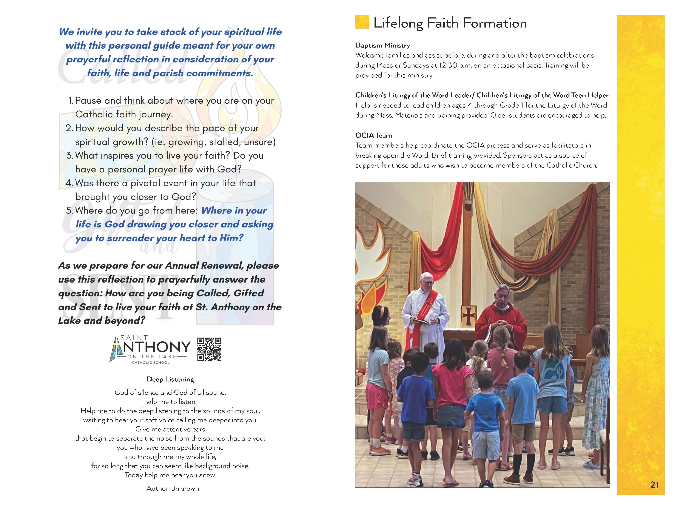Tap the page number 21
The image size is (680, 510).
click(x=654, y=484)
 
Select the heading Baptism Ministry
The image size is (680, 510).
click(x=382, y=45)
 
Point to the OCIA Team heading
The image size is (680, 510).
click(x=373, y=135)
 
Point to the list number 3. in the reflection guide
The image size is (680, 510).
click(x=70, y=155)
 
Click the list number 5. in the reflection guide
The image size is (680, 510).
click(x=70, y=210)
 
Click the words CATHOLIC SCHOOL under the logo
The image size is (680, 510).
click(x=151, y=363)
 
